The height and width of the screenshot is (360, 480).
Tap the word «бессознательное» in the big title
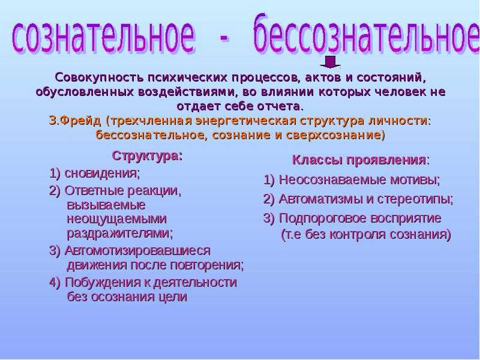pos(366,34)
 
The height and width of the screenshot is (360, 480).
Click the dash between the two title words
pos(223,38)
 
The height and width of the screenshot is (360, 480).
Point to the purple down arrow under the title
pos(330,62)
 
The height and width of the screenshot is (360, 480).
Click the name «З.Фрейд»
pos(74,121)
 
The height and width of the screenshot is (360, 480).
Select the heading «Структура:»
pos(147,156)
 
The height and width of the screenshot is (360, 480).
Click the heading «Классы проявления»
pos(359,160)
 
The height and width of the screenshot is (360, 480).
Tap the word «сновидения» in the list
pos(101,173)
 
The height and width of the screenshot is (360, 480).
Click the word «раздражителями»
pos(119,233)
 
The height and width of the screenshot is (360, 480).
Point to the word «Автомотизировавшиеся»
pos(138,250)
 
